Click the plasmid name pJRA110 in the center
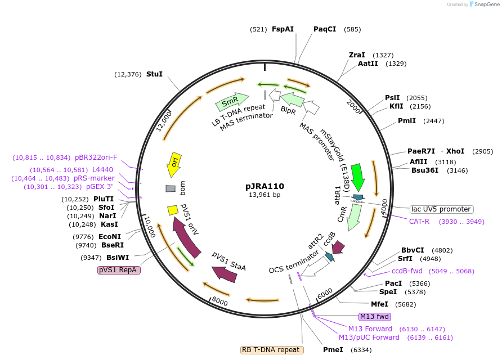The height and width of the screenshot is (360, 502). [x=265, y=186]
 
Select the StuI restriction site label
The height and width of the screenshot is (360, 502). [x=154, y=74]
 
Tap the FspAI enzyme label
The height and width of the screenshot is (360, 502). [x=283, y=29]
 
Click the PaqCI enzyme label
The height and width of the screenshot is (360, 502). [x=325, y=29]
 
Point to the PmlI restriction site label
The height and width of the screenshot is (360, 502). [x=407, y=120]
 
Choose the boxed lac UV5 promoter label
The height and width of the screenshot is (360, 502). [x=441, y=209]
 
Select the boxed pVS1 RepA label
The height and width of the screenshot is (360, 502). [x=119, y=270]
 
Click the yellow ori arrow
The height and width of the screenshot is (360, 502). [x=174, y=164]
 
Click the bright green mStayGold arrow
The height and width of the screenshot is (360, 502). [x=357, y=175]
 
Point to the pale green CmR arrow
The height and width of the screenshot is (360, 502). [x=354, y=216]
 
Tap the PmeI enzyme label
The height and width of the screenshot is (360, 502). [x=333, y=349]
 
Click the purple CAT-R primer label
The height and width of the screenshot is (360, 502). [x=419, y=221]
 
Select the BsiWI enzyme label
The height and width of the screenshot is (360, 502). [x=118, y=257]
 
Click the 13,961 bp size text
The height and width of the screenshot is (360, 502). [x=265, y=195]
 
